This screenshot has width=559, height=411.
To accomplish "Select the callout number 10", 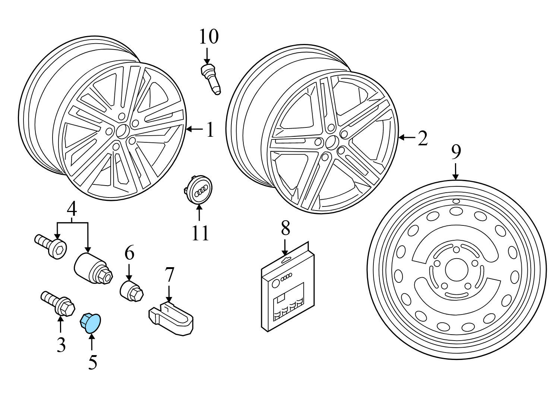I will pyautogui.click(x=208, y=37).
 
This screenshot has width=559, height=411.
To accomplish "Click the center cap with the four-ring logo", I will pyautogui.click(x=199, y=190).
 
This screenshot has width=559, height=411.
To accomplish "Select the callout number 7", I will pyautogui.click(x=169, y=275).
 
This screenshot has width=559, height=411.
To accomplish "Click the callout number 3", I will pyautogui.click(x=61, y=344).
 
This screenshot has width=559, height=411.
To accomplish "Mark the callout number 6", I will pyautogui.click(x=129, y=253).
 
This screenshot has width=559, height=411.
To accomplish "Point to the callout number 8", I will pyautogui.click(x=285, y=228).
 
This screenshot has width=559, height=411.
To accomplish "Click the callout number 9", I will pyautogui.click(x=456, y=152).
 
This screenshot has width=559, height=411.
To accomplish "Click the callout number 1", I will pyautogui.click(x=211, y=130).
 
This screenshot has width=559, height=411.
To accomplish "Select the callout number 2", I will pyautogui.click(x=422, y=138).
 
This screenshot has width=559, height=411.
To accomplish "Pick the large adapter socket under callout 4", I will pyautogui.click(x=91, y=267).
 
